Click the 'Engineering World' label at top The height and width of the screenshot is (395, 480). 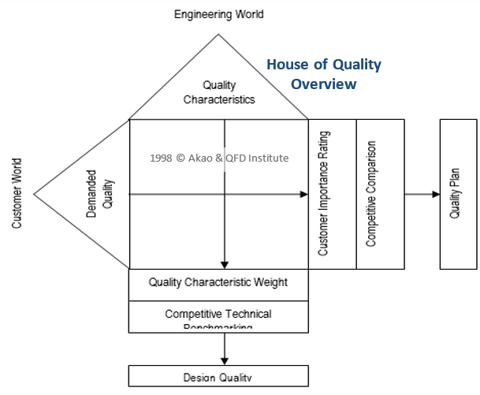218,14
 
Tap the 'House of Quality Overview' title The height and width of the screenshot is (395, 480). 323,73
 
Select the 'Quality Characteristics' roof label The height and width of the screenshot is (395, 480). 219,92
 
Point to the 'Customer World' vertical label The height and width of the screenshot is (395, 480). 17,193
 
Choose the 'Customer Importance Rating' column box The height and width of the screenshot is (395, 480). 332,194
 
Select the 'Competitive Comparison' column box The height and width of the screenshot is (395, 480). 380,194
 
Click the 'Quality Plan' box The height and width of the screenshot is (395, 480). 458,194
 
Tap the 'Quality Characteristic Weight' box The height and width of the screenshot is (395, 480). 218,282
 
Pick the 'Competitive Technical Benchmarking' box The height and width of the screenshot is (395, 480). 218,317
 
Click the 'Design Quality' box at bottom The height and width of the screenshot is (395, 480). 218,376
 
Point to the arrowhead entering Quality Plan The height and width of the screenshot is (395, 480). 435,194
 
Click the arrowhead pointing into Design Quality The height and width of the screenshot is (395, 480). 225,360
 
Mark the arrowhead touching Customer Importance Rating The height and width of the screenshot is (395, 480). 303,194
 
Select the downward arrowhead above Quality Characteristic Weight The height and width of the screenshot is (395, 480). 225,264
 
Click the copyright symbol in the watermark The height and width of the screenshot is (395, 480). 180,158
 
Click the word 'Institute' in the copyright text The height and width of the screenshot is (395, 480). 269,158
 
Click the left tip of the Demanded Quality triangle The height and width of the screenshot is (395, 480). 34,194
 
